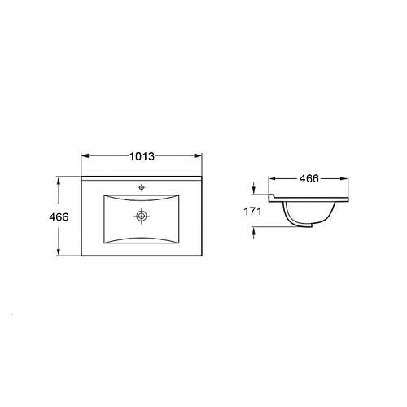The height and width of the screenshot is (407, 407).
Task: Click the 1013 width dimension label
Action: pyautogui.click(x=142, y=156)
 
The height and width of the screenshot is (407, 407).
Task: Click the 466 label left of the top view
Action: pyautogui.click(x=59, y=217)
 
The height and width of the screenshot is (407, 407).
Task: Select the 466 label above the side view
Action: pyautogui.click(x=309, y=178)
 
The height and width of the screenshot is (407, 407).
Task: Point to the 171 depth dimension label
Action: pyautogui.click(x=252, y=212)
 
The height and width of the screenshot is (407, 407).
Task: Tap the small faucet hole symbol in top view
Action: pyautogui.click(x=142, y=187)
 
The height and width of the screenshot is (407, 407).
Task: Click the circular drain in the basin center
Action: pyautogui.click(x=142, y=216)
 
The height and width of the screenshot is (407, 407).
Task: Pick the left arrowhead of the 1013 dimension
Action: pyautogui.click(x=85, y=155)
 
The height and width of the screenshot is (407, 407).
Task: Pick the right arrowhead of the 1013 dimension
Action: pyautogui.click(x=198, y=155)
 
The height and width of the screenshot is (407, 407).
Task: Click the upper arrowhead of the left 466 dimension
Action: pyautogui.click(x=58, y=181)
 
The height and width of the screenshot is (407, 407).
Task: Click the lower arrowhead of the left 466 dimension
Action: pyautogui.click(x=58, y=252)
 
